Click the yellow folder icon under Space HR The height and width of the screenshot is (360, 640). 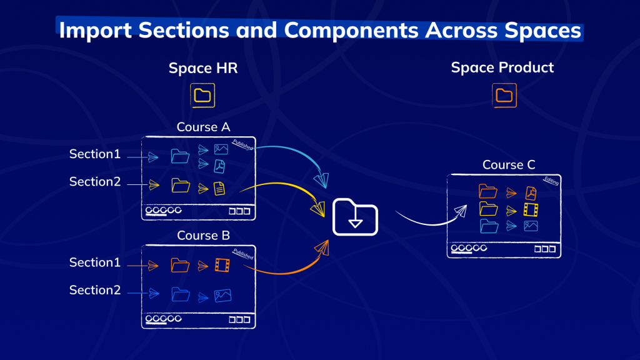[x=202, y=96]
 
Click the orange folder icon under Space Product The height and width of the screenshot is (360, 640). [x=504, y=96]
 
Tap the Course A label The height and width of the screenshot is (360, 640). [x=203, y=127]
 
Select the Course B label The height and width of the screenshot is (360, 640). [x=203, y=236]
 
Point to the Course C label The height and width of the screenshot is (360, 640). [x=509, y=165]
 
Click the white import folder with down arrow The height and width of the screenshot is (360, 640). [x=355, y=217]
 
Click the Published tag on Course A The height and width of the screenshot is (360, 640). [x=243, y=144]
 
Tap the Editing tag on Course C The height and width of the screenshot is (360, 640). [x=551, y=181]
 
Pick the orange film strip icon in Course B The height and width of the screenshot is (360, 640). [x=222, y=265]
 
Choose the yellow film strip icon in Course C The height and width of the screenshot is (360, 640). [x=531, y=210]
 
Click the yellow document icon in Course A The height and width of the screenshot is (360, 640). [x=219, y=189]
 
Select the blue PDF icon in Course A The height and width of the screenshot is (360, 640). [x=219, y=166]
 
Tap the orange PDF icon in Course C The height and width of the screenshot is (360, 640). [x=531, y=193]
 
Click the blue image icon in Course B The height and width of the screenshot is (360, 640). [x=223, y=296]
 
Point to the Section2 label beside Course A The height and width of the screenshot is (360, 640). [x=95, y=182]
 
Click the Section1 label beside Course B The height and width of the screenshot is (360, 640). [x=95, y=262]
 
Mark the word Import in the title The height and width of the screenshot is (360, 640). [x=96, y=31]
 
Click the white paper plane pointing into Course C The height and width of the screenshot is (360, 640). [x=461, y=211]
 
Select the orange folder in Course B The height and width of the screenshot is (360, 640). [x=180, y=265]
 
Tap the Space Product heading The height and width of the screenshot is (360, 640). [x=502, y=67]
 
